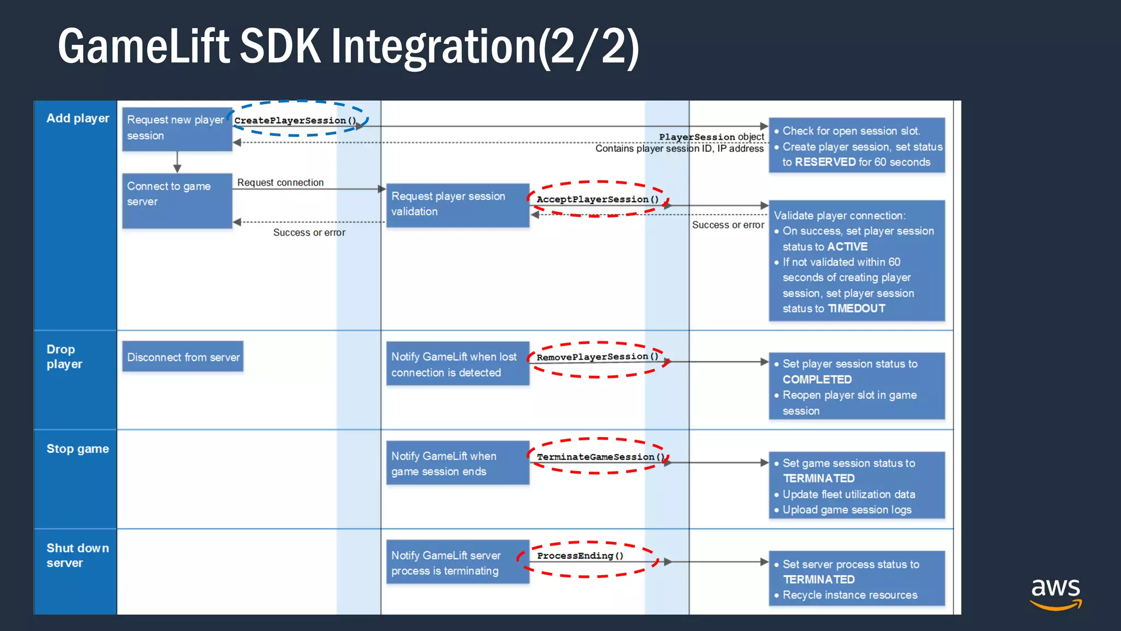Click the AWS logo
pos(1055,593)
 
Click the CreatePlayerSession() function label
pos(295,121)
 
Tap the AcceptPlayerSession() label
pos(597,199)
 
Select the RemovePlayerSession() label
pos(597,357)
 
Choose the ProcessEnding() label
pos(580,556)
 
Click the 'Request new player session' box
pos(177,128)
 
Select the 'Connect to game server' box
pos(177,200)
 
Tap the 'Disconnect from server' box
pos(183,357)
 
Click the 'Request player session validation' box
pos(457,204)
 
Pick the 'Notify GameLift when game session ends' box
pos(457,463)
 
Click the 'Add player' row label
pos(78,118)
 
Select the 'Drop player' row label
pos(65,357)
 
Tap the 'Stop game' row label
pos(78,449)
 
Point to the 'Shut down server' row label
pos(77,555)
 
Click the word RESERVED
pos(825,162)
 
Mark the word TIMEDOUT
pos(856,309)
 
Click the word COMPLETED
pos(817,380)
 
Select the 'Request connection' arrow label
pos(280,182)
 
